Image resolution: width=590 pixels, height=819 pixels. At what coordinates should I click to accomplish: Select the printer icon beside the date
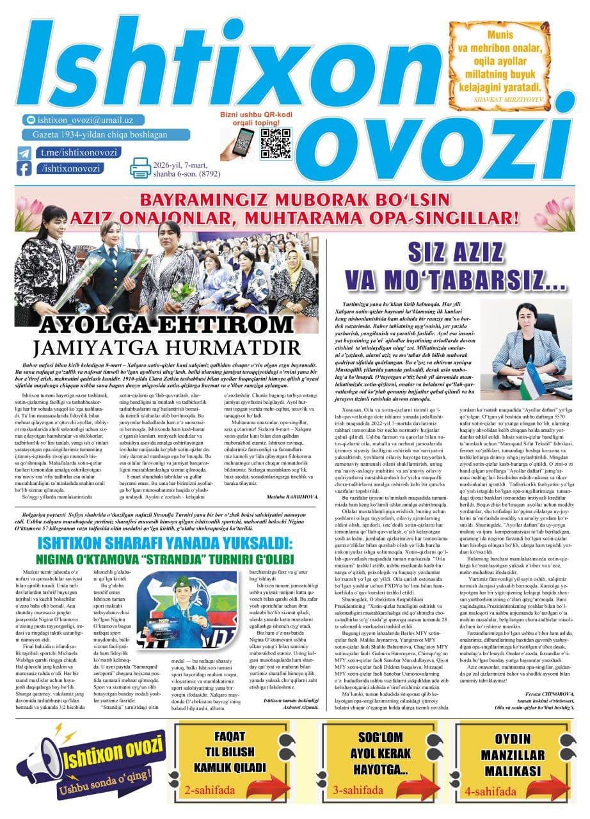(140, 168)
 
